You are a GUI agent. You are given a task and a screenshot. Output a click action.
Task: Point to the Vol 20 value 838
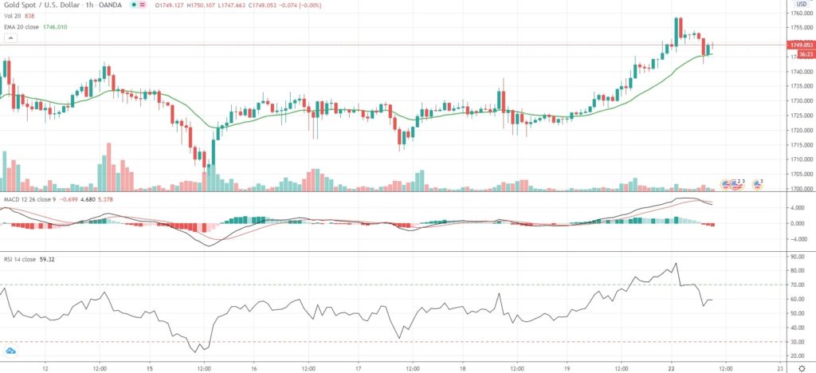pyautogui.click(x=29, y=16)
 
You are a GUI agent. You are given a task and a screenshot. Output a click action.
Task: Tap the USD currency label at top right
pyautogui.click(x=801, y=4)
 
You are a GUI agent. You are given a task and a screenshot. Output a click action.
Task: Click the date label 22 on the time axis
pyautogui.click(x=673, y=368)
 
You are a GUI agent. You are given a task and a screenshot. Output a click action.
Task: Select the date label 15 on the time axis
pyautogui.click(x=150, y=368)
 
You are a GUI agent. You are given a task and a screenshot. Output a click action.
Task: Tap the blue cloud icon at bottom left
pyautogui.click(x=11, y=350)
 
